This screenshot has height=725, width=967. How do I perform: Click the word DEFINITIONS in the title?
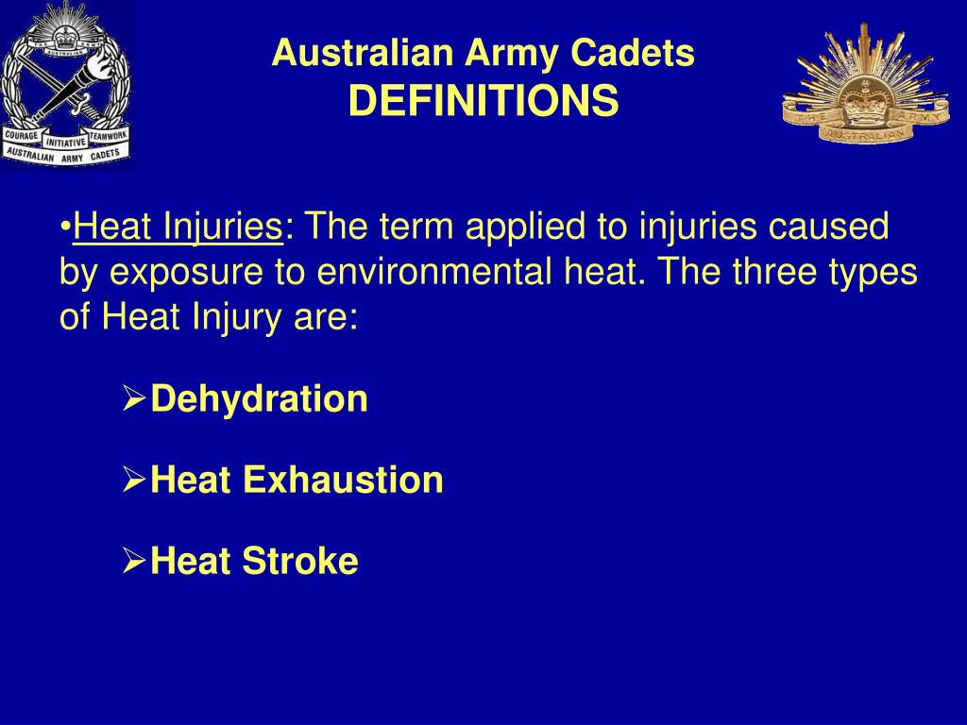[483, 100]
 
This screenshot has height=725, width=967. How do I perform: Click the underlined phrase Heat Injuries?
[178, 227]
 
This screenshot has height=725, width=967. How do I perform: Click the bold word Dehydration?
[260, 399]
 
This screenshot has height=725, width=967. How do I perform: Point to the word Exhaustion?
[344, 480]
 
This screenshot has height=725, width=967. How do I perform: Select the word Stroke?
[300, 562]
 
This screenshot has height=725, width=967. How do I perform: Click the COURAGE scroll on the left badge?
[22, 135]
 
